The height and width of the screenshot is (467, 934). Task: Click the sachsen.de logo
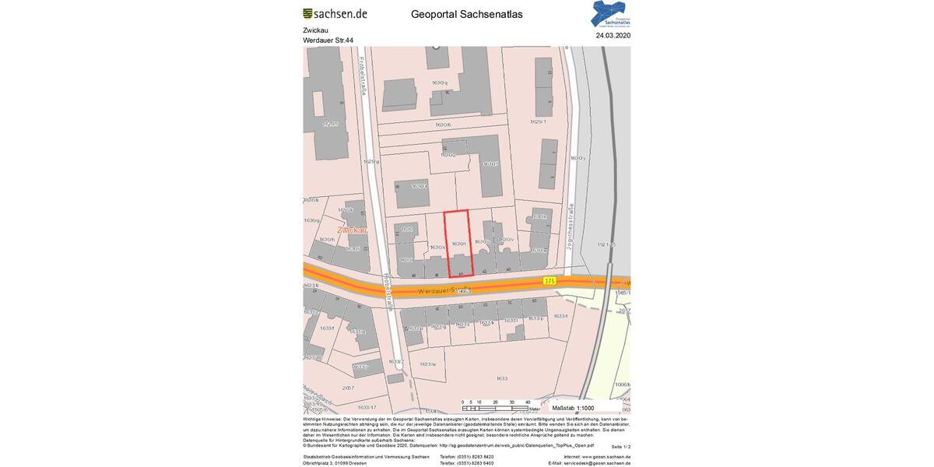pyautogui.click(x=335, y=13)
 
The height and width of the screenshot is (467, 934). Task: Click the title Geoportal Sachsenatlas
pyautogui.click(x=467, y=14)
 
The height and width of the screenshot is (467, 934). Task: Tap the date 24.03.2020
pyautogui.click(x=613, y=35)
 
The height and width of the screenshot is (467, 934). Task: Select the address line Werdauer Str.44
pyautogui.click(x=328, y=40)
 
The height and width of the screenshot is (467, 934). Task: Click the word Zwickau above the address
pyautogui.click(x=315, y=30)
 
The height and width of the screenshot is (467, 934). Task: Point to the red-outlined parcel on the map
pyautogui.click(x=458, y=242)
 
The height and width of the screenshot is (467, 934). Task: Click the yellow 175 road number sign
pyautogui.click(x=550, y=280)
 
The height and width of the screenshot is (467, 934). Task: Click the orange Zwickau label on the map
pyautogui.click(x=352, y=230)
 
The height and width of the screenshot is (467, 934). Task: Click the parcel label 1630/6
pyautogui.click(x=443, y=125)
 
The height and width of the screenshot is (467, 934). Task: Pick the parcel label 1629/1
pyautogui.click(x=538, y=121)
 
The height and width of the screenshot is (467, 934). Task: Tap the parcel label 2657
pyautogui.click(x=348, y=388)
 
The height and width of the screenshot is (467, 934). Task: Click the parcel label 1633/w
pyautogui.click(x=427, y=364)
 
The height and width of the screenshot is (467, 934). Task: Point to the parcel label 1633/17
pyautogui.click(x=367, y=407)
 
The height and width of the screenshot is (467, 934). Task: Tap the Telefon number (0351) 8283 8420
pyautogui.click(x=466, y=457)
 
